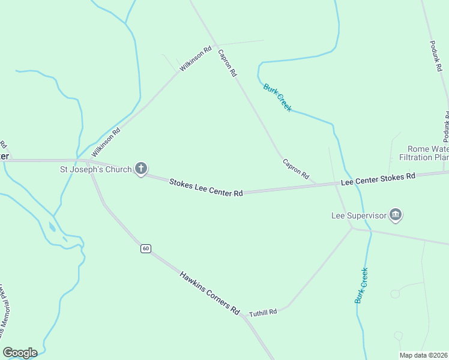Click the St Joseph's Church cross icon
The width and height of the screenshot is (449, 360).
(141, 169)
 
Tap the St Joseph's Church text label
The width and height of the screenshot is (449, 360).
(95, 169)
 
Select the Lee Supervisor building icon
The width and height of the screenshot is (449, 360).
(395, 214)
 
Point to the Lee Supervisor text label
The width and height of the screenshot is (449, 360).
(359, 215)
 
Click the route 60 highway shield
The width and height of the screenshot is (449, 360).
(145, 248)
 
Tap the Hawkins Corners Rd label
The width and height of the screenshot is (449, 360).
(209, 293)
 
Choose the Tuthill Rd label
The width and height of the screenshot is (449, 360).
(263, 312)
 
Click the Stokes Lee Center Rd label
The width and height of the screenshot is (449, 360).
(206, 187)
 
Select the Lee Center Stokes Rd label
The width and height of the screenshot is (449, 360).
(378, 178)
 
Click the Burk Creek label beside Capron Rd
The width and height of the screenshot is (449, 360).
(277, 97)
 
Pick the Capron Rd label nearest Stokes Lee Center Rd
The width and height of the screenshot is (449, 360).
(295, 169)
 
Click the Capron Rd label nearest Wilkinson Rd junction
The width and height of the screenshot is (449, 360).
(228, 63)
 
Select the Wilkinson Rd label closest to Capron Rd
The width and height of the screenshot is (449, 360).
(196, 59)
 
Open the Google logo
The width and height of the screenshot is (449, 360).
(20, 353)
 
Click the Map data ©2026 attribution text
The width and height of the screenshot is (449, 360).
(423, 355)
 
